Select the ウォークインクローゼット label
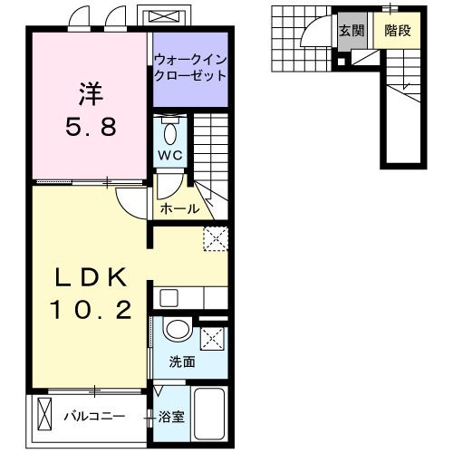(x=189, y=68)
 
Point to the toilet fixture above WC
(x=170, y=131)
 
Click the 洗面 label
(x=181, y=362)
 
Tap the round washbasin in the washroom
(x=178, y=331)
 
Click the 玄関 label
(x=352, y=30)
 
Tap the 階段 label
(x=398, y=30)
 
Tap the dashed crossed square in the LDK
(x=216, y=237)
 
